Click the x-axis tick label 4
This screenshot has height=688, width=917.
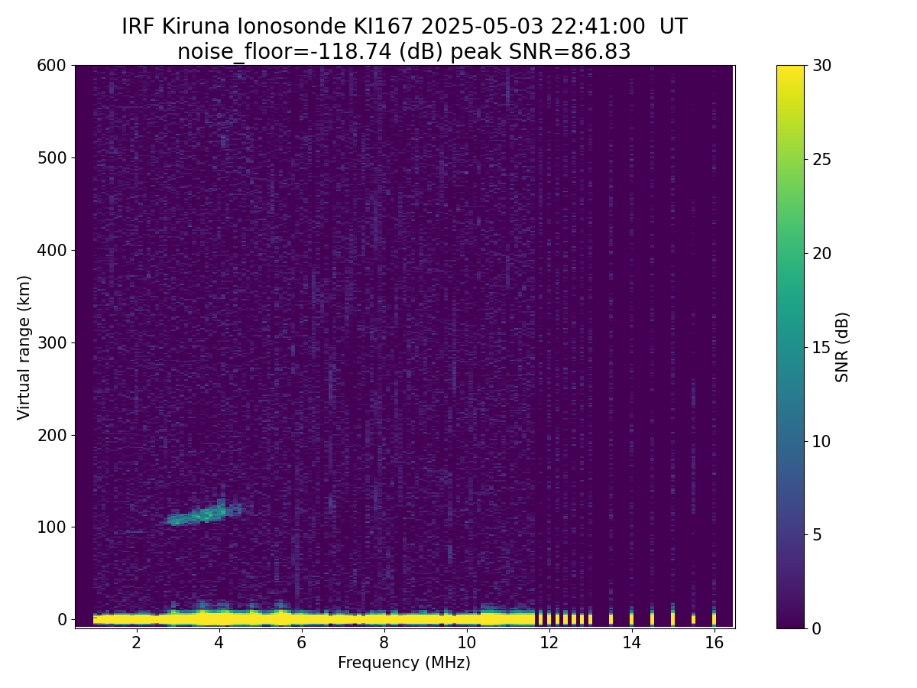pyautogui.click(x=219, y=642)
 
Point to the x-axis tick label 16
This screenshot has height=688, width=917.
pyautogui.click(x=714, y=642)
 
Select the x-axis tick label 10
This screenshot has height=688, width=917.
pyautogui.click(x=466, y=642)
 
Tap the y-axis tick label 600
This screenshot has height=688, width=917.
pyautogui.click(x=52, y=66)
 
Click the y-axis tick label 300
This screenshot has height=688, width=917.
pyautogui.click(x=52, y=342)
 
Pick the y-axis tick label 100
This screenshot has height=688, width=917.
pyautogui.click(x=52, y=527)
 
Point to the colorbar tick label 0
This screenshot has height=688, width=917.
pyautogui.click(x=816, y=628)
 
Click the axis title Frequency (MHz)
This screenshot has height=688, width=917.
pyautogui.click(x=404, y=663)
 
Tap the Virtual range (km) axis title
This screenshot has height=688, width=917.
pyautogui.click(x=24, y=347)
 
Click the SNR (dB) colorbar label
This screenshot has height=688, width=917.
pyautogui.click(x=842, y=347)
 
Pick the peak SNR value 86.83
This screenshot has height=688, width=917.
pyautogui.click(x=603, y=52)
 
